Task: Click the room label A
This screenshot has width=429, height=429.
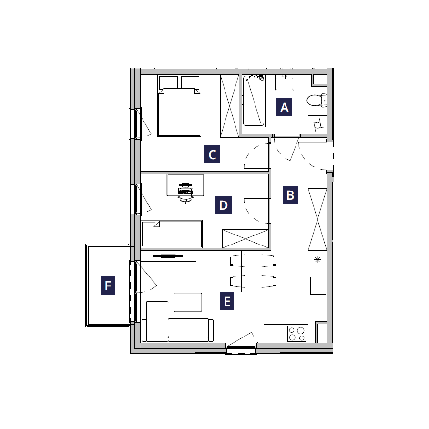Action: pyautogui.click(x=284, y=107)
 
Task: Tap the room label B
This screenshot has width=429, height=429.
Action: pyautogui.click(x=290, y=195)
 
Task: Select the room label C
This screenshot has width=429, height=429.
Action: pyautogui.click(x=212, y=154)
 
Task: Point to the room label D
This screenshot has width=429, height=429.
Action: pyautogui.click(x=224, y=205)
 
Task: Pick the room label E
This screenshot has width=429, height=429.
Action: pyautogui.click(x=227, y=301)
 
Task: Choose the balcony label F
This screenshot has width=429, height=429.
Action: pyautogui.click(x=108, y=286)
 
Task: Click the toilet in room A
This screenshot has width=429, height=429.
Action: pyautogui.click(x=317, y=101)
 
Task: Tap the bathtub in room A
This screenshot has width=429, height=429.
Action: pyautogui.click(x=254, y=101)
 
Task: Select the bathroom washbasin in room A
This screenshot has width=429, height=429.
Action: pyautogui.click(x=285, y=82)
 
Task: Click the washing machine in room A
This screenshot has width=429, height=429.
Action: pyautogui.click(x=317, y=125)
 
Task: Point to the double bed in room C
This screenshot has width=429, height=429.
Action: pyautogui.click(x=179, y=106)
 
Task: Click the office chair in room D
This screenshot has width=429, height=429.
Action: pyautogui.click(x=185, y=193)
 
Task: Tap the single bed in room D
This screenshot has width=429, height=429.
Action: pyautogui.click(x=172, y=234)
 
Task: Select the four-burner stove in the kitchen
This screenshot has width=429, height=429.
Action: pyautogui.click(x=297, y=334)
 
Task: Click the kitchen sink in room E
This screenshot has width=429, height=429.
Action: pyautogui.click(x=318, y=286)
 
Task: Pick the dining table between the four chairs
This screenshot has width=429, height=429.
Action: pyautogui.click(x=253, y=271)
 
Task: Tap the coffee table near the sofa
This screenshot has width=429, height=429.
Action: pyautogui.click(x=188, y=302)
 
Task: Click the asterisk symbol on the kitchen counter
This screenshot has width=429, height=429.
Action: pyautogui.click(x=317, y=260)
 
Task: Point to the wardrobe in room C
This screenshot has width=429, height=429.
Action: pyautogui.click(x=230, y=106)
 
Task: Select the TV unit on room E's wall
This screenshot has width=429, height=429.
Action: pyautogui.click(x=168, y=256)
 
